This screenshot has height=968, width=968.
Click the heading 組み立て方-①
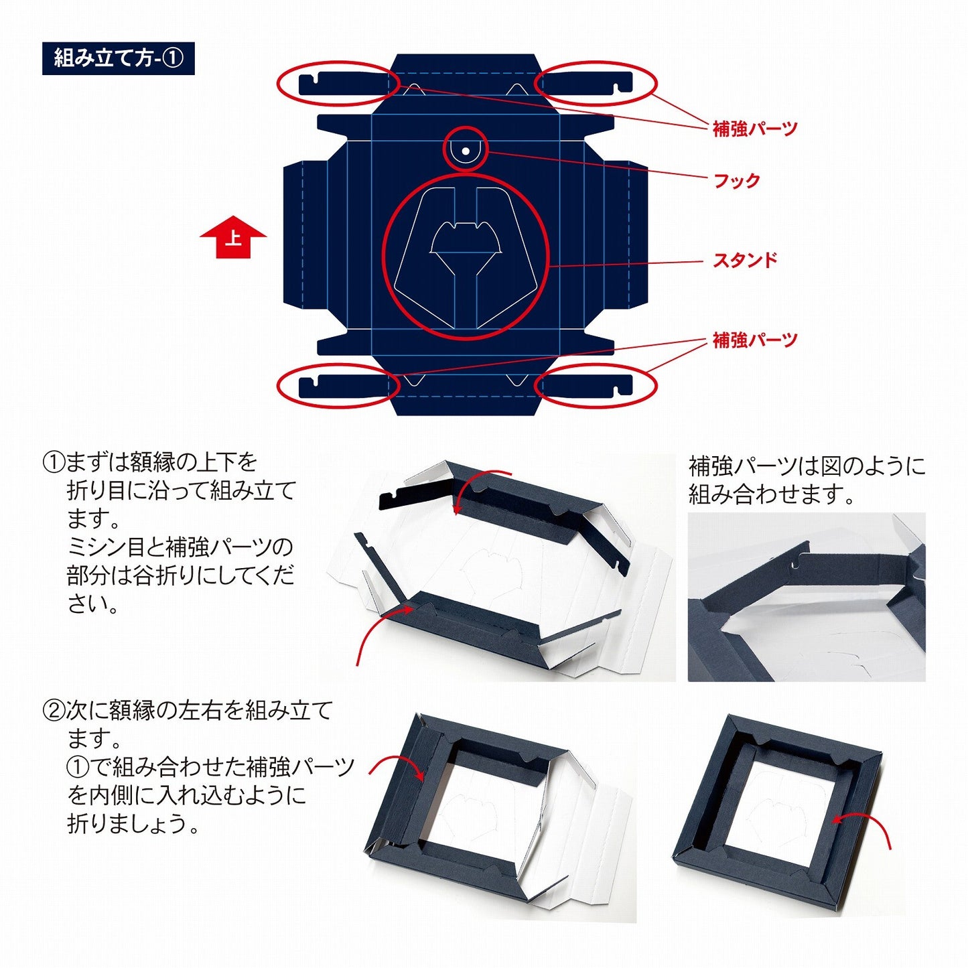118,58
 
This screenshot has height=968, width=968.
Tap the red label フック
737,180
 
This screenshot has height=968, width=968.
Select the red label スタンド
745,260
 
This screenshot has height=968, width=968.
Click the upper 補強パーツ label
755,129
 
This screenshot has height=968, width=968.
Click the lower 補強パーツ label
755,340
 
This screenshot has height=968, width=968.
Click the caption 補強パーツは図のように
807,467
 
